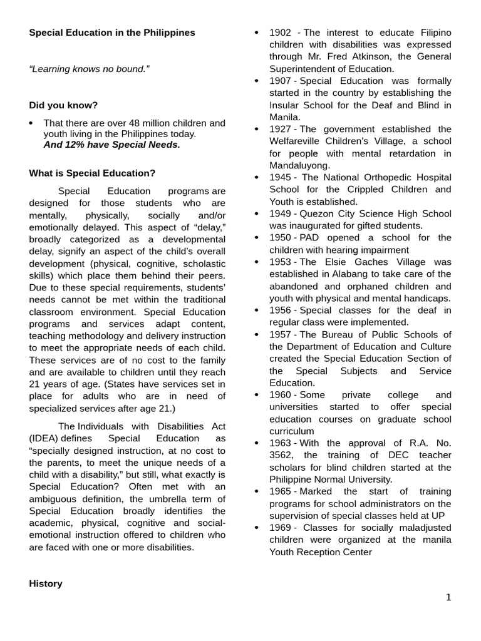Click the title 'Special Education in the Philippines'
tap(112, 33)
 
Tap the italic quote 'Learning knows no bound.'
tap(90, 69)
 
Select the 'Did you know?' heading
tap(63, 105)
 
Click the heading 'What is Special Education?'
tap(92, 173)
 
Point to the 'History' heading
tap(46, 583)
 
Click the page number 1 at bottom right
tap(448, 597)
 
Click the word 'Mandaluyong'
tap(299, 166)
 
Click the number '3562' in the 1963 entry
tap(282, 455)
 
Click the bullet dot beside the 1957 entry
tap(257, 335)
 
